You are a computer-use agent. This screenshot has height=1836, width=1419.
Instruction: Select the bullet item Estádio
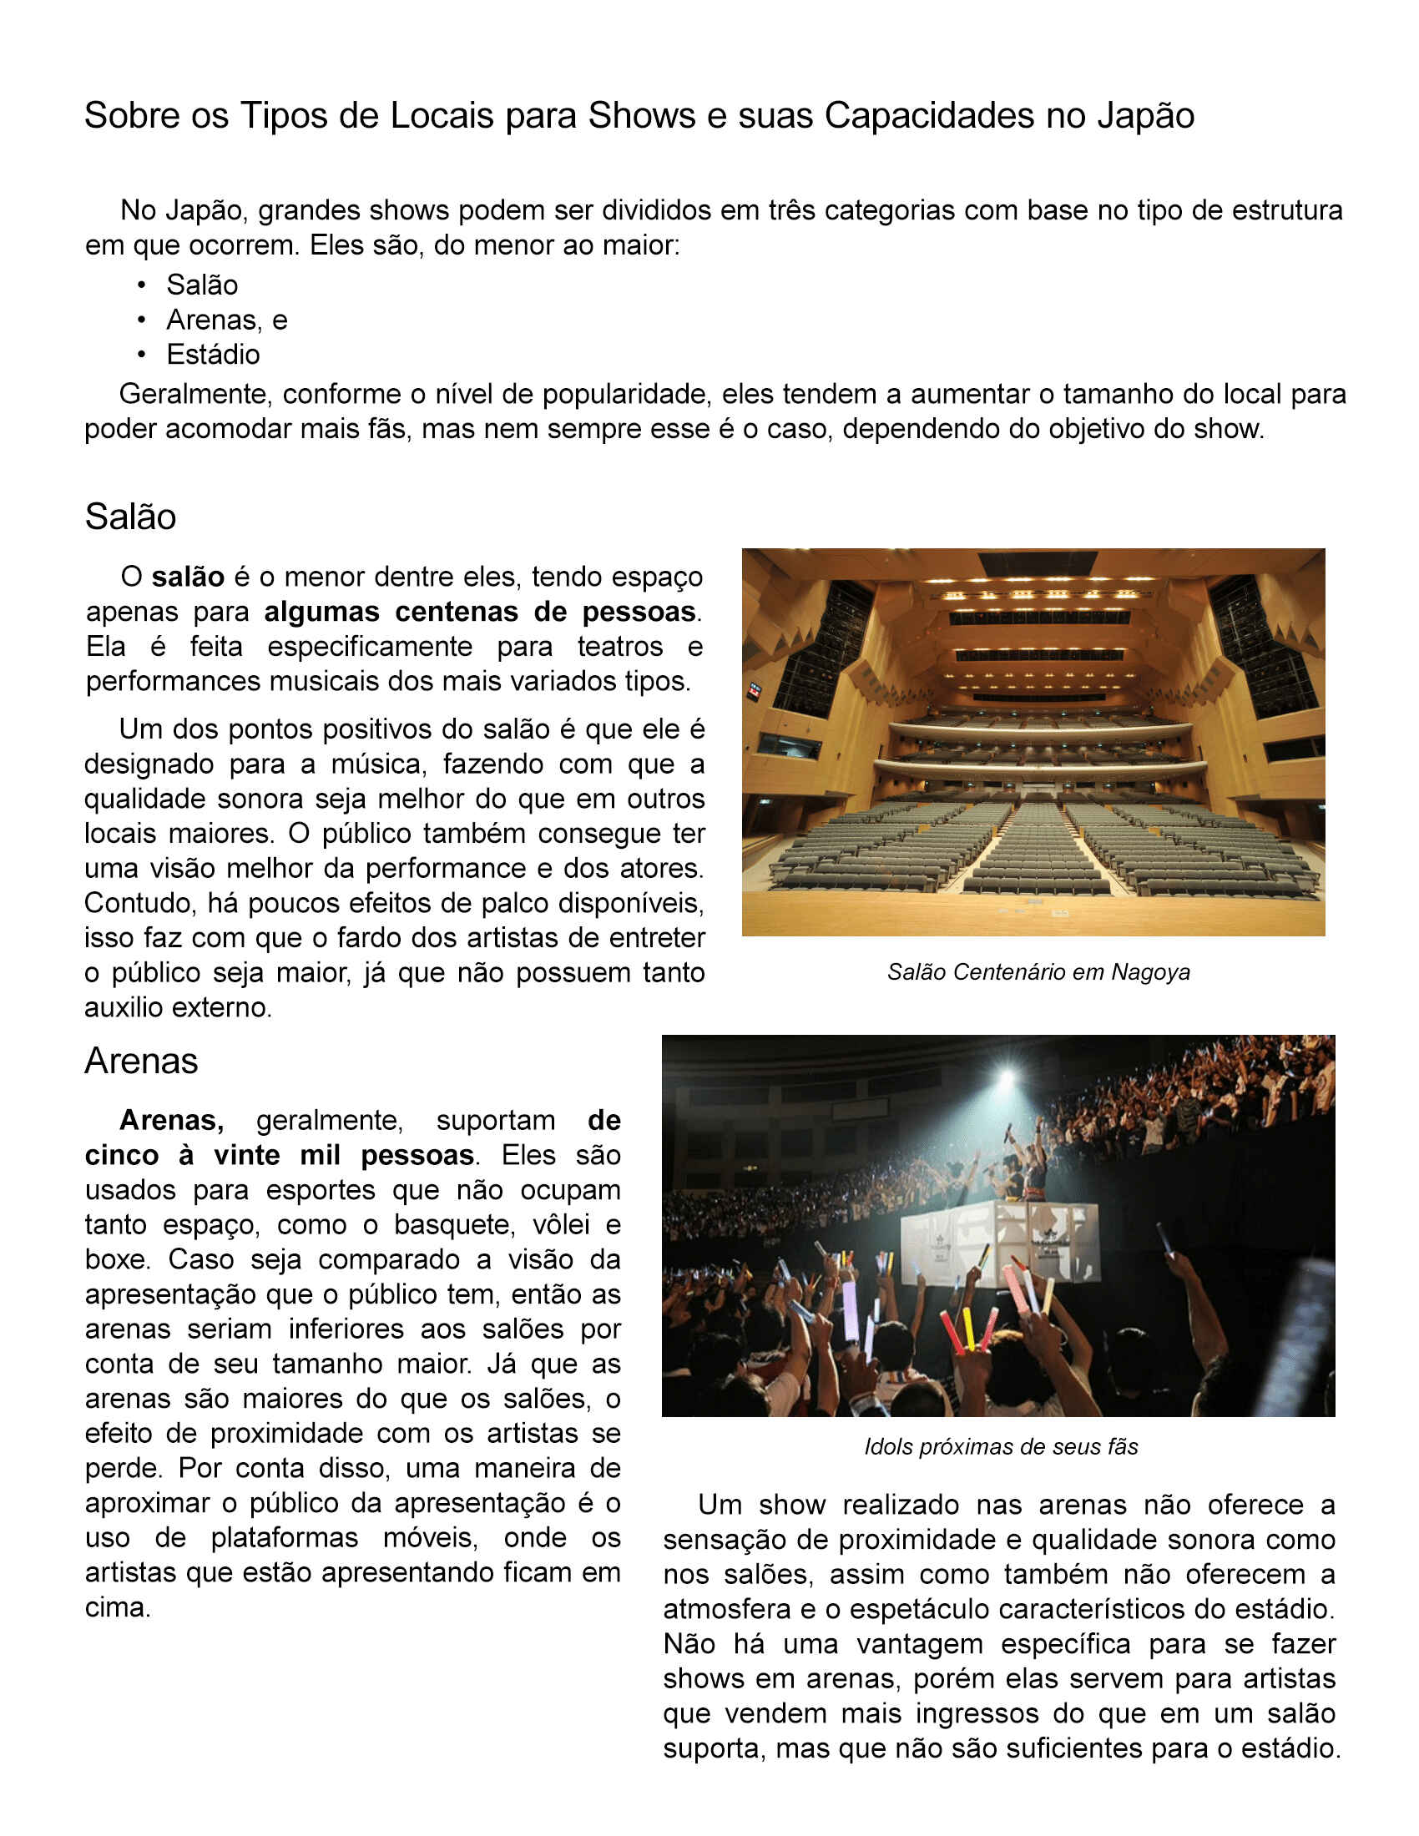point(213,355)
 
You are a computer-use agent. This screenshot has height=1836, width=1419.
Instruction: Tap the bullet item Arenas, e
point(226,320)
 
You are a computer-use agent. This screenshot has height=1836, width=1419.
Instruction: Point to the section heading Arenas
point(141,1061)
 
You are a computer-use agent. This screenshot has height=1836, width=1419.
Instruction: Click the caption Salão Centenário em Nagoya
point(1038,971)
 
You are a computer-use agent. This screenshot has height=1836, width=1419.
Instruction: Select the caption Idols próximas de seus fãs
point(1001,1447)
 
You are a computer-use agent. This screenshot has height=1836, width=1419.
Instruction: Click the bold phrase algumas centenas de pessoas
point(480,612)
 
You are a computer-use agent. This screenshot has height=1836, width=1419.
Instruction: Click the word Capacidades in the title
point(930,116)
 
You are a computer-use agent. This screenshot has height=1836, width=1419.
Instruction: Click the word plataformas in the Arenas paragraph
point(284,1537)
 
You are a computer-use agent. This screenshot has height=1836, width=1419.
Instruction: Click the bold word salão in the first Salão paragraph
point(188,577)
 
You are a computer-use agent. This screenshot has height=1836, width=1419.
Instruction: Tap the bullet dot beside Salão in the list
point(142,285)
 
